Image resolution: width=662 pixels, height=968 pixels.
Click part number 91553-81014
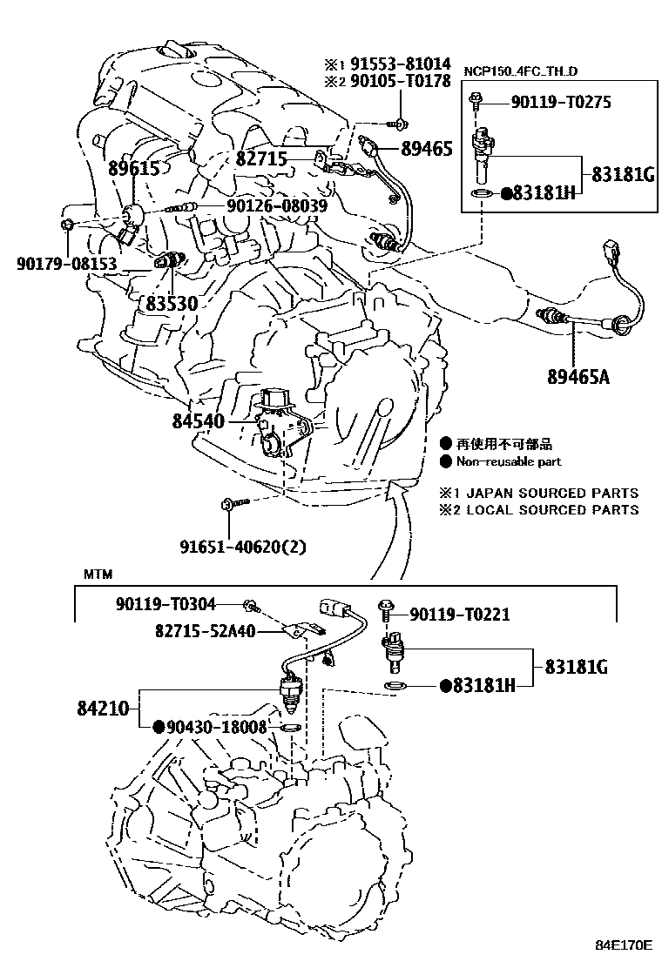click(402, 64)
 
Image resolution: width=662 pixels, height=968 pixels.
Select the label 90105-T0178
click(402, 82)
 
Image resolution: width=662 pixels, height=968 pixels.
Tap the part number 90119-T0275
click(561, 103)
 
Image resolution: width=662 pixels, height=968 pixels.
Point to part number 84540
click(199, 422)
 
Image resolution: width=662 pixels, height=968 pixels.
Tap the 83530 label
click(171, 304)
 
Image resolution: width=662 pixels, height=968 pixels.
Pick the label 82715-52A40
click(205, 631)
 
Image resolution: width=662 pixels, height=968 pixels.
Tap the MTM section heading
click(98, 575)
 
